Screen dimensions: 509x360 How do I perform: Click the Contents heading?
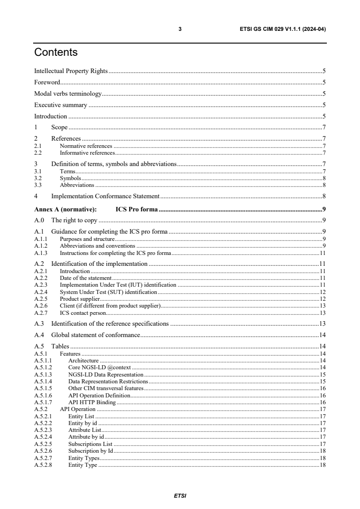click(56, 53)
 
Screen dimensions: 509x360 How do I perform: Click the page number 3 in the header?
click(180, 29)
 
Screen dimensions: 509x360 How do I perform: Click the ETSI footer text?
click(180, 495)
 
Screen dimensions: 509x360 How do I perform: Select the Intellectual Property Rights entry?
click(71, 71)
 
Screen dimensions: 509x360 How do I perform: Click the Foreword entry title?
click(47, 82)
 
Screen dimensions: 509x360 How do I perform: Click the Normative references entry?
click(86, 146)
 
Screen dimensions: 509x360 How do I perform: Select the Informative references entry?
click(87, 152)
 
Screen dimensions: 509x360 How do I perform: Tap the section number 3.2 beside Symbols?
click(38, 178)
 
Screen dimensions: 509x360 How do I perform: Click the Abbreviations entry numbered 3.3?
click(77, 185)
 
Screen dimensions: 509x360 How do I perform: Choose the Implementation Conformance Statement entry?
click(105, 196)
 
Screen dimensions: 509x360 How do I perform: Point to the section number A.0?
click(39, 220)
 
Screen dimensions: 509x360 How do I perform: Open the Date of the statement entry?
click(85, 277)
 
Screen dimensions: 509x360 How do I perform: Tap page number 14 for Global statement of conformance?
click(323, 335)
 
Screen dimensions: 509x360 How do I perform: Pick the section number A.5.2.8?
click(43, 465)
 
